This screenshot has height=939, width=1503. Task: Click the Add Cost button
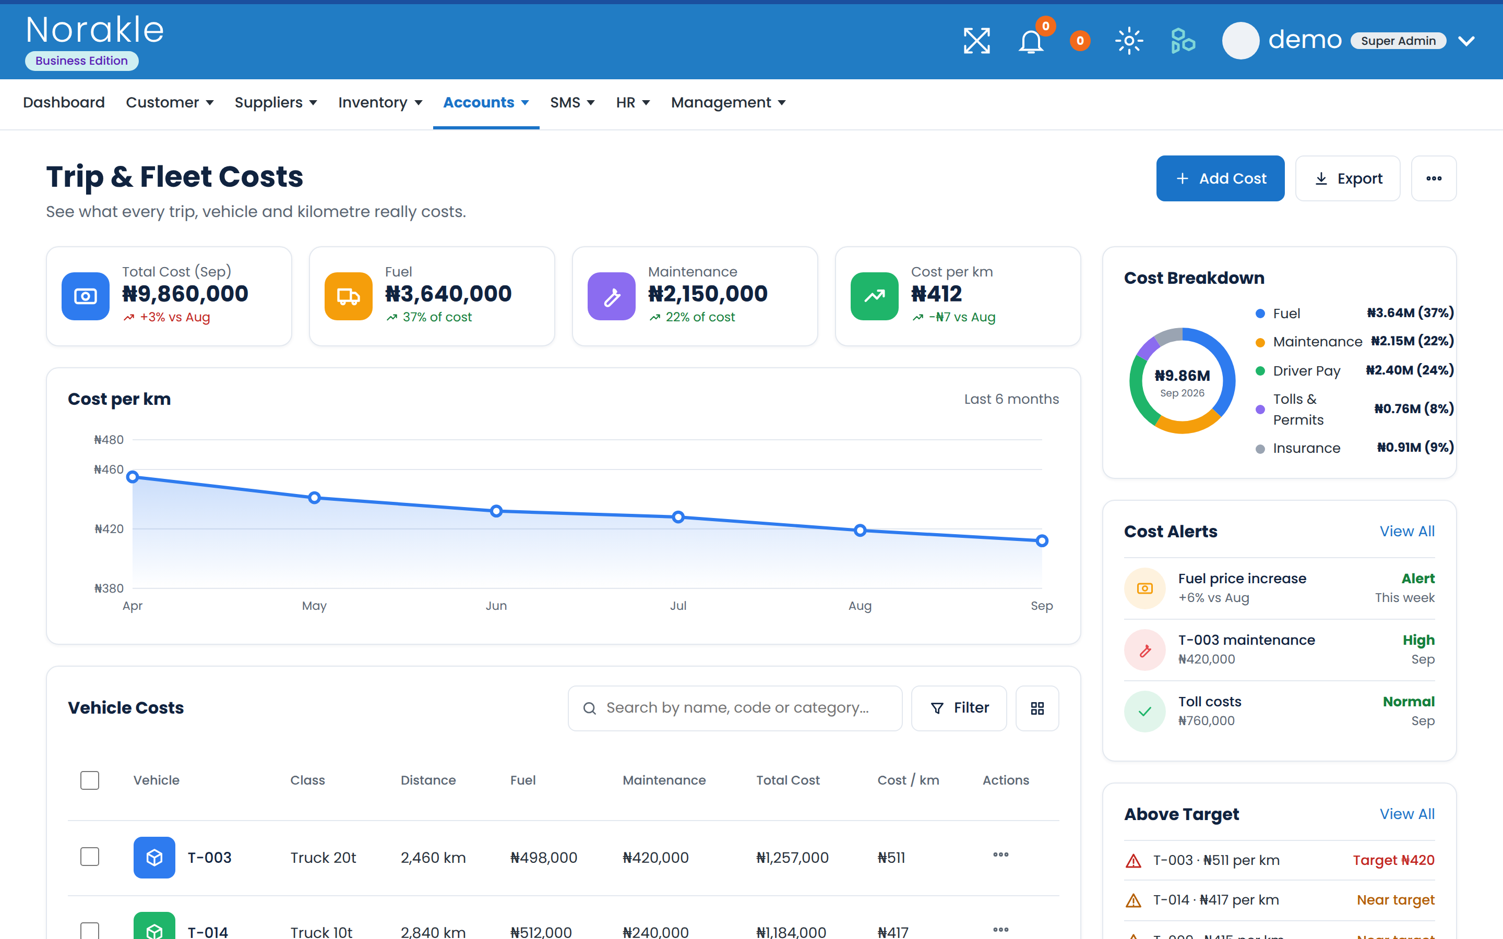1220,178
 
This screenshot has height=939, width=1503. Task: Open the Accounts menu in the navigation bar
486,102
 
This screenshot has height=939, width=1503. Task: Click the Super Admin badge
1398,41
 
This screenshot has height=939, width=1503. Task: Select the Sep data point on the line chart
1042,541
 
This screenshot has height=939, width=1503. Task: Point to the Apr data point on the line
132,477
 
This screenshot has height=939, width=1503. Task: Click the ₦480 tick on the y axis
109,440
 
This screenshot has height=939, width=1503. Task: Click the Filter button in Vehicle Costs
959,708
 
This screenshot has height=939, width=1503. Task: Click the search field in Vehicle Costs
735,708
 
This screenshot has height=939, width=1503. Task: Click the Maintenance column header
664,780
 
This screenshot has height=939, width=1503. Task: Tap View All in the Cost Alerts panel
1407,532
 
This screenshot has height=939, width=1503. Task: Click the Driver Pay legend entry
1306,371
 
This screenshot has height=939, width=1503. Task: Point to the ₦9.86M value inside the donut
1182,376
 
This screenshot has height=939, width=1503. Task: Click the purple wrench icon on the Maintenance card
611,296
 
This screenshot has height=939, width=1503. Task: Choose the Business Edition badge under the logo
81,61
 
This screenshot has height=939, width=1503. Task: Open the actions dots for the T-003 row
1000,854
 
